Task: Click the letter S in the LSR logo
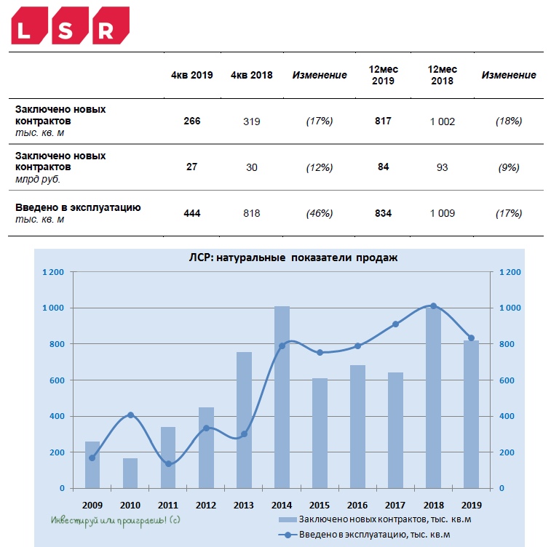[66, 31]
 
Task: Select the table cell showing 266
[192, 121]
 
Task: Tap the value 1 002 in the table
[443, 121]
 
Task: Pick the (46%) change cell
[320, 213]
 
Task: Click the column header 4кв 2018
[252, 75]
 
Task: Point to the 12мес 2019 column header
[384, 75]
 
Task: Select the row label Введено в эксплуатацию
[78, 207]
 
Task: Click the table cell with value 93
[442, 167]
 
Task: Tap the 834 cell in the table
[383, 213]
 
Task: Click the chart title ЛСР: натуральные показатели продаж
[293, 257]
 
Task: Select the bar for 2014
[282, 397]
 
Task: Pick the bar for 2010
[130, 473]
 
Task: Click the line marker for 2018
[434, 306]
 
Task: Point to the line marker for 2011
[168, 464]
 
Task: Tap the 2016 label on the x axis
[357, 506]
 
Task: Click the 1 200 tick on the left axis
[53, 272]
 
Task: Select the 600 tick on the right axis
[507, 380]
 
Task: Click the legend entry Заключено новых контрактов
[375, 519]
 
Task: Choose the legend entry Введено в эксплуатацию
[364, 535]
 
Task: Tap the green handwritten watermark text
[116, 521]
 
